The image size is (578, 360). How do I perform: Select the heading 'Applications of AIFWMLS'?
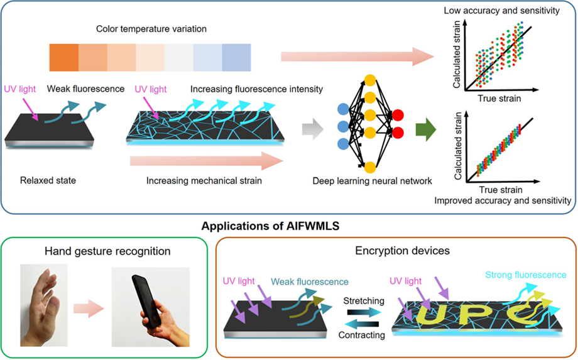[288, 225]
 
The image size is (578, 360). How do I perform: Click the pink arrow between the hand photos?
[87, 308]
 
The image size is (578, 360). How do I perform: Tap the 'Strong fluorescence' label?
[525, 275]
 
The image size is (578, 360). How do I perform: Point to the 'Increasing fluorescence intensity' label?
[256, 89]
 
